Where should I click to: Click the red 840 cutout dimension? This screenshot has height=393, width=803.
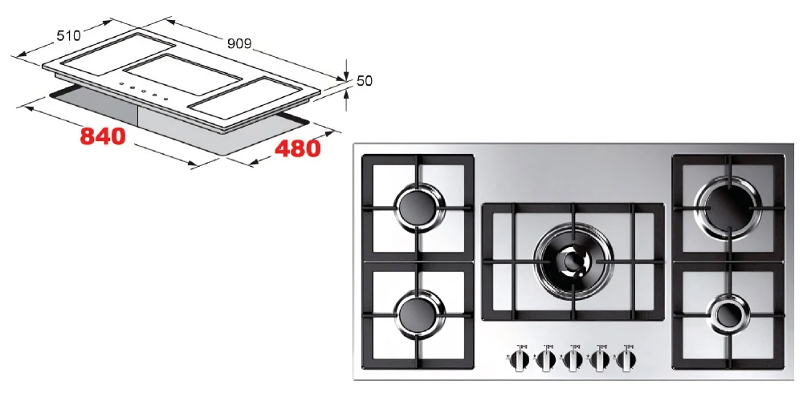pyautogui.click(x=103, y=136)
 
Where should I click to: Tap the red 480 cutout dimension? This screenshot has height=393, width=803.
pyautogui.click(x=298, y=148)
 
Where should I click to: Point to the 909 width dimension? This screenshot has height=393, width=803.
pyautogui.click(x=239, y=43)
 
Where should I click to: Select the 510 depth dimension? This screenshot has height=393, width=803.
pyautogui.click(x=68, y=35)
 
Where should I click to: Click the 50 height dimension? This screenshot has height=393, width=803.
pyautogui.click(x=364, y=81)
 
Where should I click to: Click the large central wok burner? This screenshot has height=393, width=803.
pyautogui.click(x=573, y=261)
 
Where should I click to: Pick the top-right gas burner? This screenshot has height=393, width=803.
pyautogui.click(x=728, y=207)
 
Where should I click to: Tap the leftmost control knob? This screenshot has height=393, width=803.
pyautogui.click(x=520, y=360)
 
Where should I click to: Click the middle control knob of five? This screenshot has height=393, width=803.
pyautogui.click(x=573, y=360)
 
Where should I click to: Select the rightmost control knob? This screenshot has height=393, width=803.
pyautogui.click(x=626, y=360)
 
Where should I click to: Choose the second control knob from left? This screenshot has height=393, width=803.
pyautogui.click(x=546, y=360)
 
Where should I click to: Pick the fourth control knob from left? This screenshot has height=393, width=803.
pyautogui.click(x=600, y=360)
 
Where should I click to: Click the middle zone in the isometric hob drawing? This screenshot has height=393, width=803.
pyautogui.click(x=182, y=75)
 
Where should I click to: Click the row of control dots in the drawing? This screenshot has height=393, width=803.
pyautogui.click(x=144, y=92)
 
